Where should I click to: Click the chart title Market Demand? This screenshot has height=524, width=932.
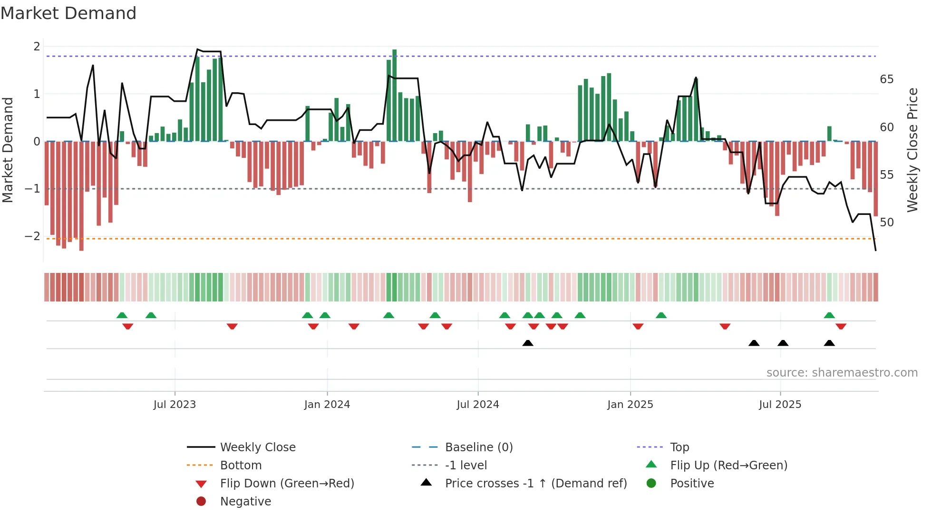click(68, 13)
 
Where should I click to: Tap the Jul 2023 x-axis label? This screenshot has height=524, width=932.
click(175, 405)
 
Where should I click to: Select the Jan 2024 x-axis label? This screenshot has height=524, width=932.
click(327, 405)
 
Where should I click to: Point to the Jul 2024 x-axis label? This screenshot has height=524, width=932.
click(478, 405)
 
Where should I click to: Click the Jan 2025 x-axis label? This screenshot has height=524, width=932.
click(630, 405)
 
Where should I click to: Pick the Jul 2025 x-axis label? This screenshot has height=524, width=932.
click(780, 405)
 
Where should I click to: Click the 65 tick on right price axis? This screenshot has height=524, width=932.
click(887, 79)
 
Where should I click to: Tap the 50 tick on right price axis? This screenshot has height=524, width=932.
click(887, 223)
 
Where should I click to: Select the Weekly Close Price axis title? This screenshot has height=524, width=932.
click(912, 150)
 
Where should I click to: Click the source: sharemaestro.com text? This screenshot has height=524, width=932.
click(842, 373)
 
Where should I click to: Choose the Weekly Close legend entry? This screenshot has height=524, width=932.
click(257, 447)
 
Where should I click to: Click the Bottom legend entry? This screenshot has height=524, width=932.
click(241, 466)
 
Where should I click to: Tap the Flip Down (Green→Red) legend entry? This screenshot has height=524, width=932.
click(287, 484)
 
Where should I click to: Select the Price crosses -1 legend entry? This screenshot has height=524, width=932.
click(535, 484)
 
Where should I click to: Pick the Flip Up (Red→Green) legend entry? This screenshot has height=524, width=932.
click(728, 466)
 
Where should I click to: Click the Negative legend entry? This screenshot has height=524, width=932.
click(245, 502)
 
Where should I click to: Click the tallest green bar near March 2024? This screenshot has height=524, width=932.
click(394, 95)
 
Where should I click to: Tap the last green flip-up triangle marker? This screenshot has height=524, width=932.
click(829, 315)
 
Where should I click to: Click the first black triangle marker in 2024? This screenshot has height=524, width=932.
click(528, 343)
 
